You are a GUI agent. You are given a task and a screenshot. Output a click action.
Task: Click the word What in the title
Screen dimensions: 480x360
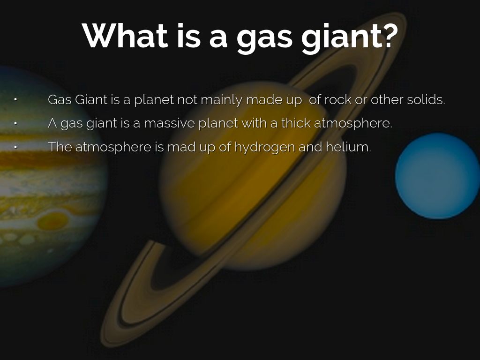point(125,36)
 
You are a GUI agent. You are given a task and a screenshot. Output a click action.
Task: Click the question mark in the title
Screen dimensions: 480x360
point(388,35)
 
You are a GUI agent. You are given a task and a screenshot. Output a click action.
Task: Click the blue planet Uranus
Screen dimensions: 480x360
point(437,176)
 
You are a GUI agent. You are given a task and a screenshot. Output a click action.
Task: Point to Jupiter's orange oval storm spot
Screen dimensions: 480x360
point(52,221)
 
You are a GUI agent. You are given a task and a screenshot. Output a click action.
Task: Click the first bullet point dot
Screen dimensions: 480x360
point(15,99)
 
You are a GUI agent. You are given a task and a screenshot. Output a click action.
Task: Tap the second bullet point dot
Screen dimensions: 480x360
point(15,123)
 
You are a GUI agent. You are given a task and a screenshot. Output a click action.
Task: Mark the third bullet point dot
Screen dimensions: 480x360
point(15,147)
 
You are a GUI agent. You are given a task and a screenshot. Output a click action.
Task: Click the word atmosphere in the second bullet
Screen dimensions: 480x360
point(353,124)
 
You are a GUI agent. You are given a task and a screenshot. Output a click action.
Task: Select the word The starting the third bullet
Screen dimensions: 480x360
point(60,147)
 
